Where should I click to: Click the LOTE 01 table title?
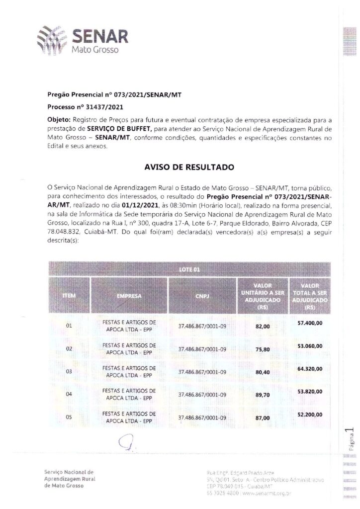[x=189, y=269]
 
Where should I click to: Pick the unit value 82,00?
[x=262, y=327]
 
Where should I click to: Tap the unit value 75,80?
[x=262, y=349]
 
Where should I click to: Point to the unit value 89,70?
[x=262, y=395]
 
